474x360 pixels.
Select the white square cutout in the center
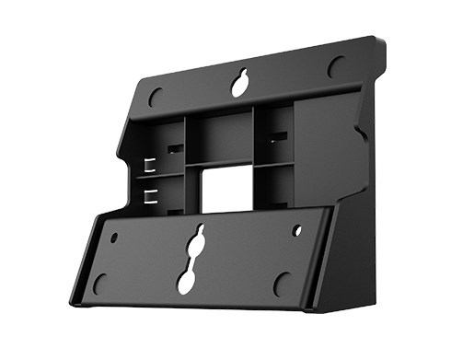pyautogui.click(x=223, y=189)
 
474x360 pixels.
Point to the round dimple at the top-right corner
pyautogui.click(x=337, y=67)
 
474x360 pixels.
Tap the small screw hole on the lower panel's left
pyautogui.click(x=114, y=237)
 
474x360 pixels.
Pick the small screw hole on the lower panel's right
pyautogui.click(x=296, y=231)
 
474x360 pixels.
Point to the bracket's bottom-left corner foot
pyautogui.click(x=79, y=299)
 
